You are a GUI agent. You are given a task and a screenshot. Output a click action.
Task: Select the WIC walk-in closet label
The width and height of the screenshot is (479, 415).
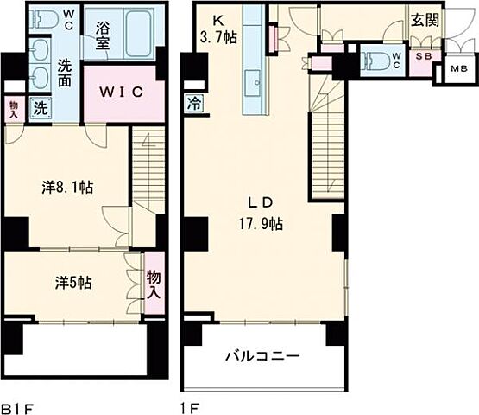click(x=123, y=91)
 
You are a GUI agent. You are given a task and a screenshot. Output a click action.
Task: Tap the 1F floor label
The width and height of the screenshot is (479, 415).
click(x=189, y=405)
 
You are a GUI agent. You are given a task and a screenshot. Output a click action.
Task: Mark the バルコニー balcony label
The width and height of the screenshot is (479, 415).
click(x=262, y=355)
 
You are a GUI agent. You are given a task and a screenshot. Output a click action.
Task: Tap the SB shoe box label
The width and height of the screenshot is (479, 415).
click(x=422, y=59)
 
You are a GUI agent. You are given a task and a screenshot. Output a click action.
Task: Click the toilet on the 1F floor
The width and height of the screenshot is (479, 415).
click(x=378, y=61)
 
